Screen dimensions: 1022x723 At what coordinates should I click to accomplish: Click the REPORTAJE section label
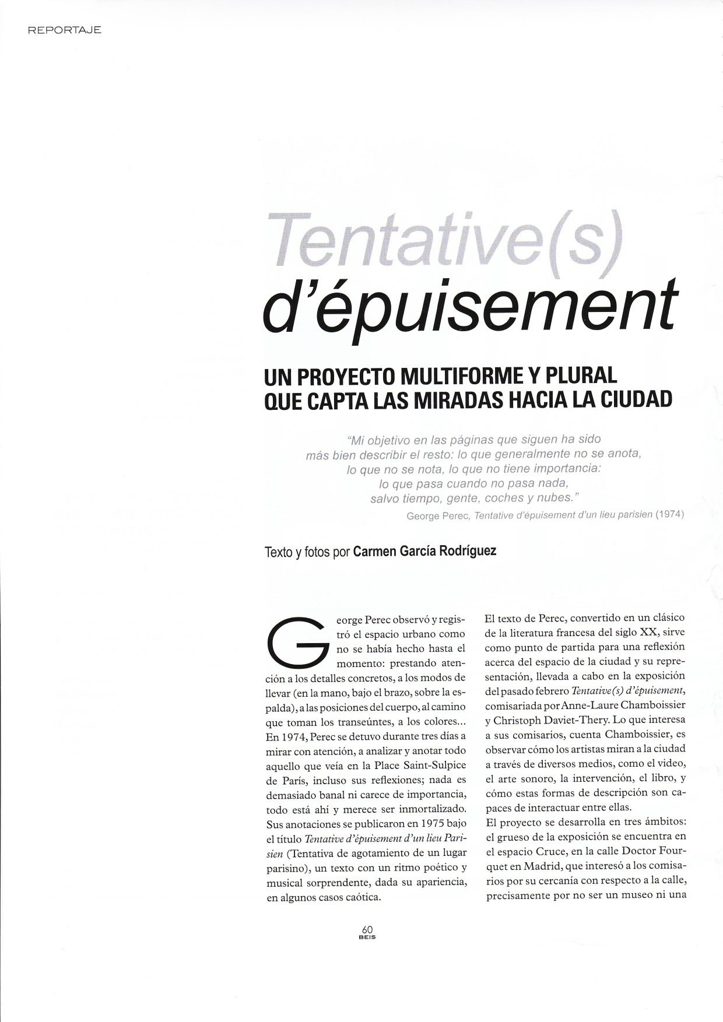coord(64,30)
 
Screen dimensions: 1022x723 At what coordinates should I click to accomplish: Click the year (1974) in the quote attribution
coord(669,515)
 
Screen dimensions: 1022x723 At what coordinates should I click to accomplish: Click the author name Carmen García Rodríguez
coord(425,551)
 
